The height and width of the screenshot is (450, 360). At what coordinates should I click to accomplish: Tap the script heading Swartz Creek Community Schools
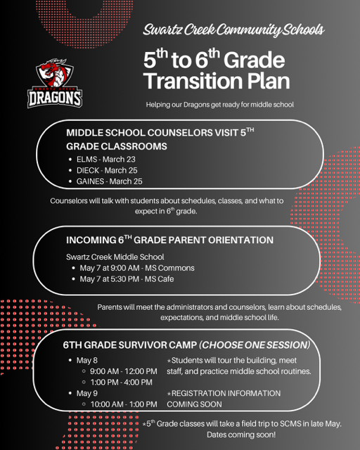click(233, 30)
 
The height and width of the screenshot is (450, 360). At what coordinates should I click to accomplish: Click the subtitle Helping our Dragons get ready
click(219, 105)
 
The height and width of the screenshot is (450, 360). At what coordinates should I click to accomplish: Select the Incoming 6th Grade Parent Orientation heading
click(169, 240)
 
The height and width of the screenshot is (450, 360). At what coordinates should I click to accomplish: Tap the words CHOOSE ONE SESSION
click(255, 345)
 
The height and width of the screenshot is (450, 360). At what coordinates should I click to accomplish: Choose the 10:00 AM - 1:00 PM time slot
click(124, 404)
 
